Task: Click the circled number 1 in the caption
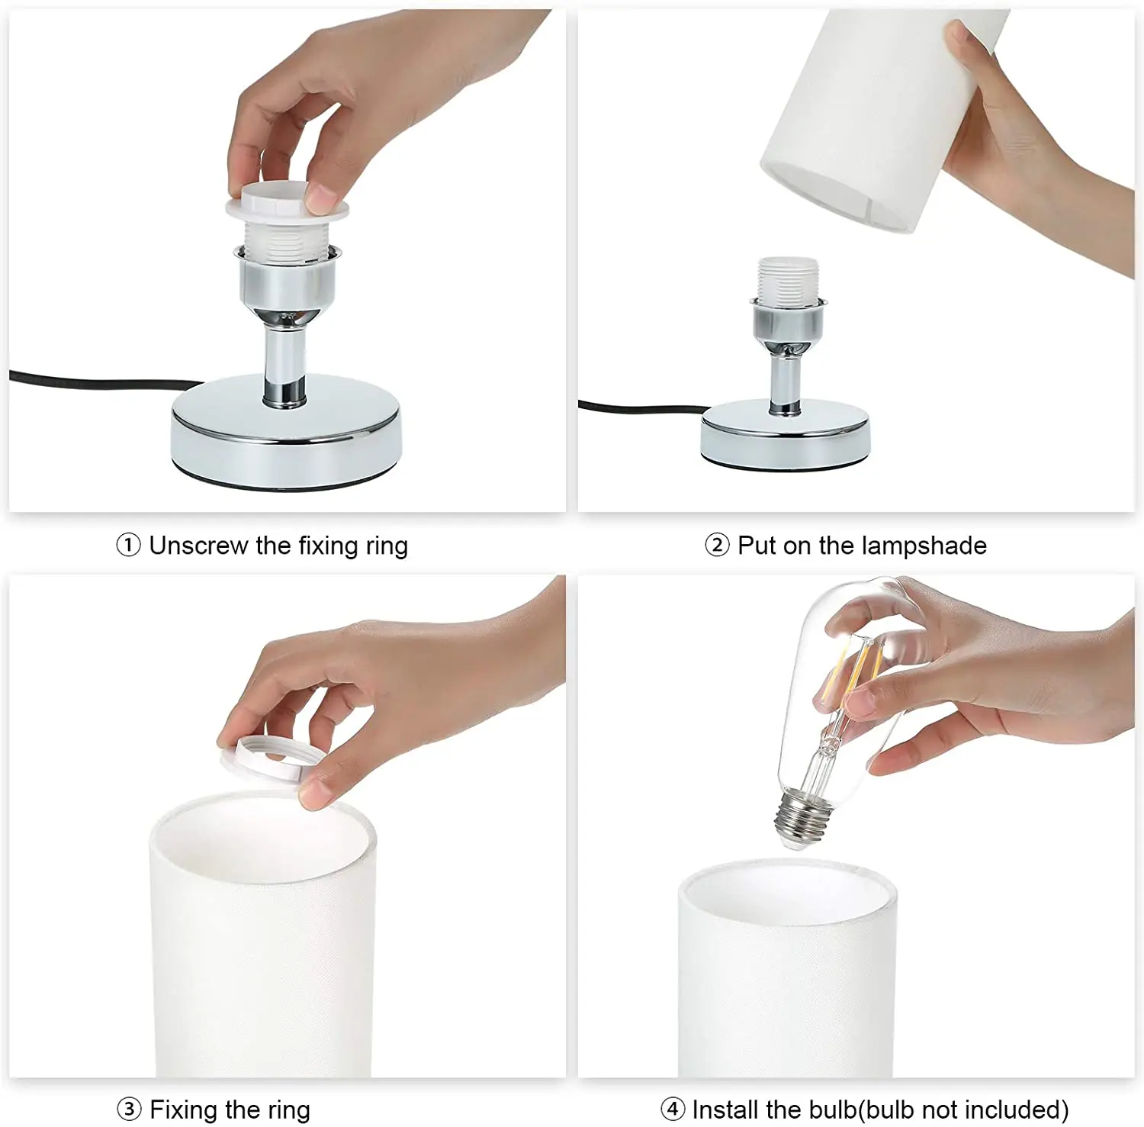pyautogui.click(x=128, y=545)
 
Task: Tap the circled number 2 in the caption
pyautogui.click(x=717, y=545)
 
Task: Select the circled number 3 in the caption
pyautogui.click(x=129, y=1109)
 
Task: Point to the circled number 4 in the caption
pyautogui.click(x=673, y=1109)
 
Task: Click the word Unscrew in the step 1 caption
pyautogui.click(x=199, y=546)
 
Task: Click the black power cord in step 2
pyautogui.click(x=644, y=407)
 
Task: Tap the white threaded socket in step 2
pyautogui.click(x=788, y=280)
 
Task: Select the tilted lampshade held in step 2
pyautogui.click(x=869, y=118)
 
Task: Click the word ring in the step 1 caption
pyautogui.click(x=387, y=546)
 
